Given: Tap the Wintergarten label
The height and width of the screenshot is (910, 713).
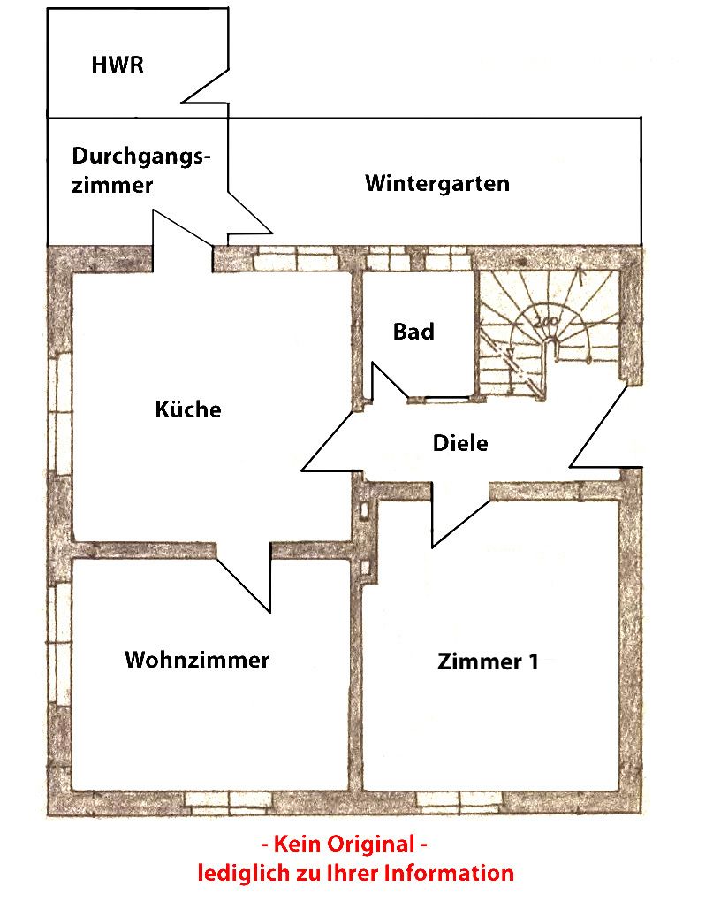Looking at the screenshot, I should click(x=437, y=184).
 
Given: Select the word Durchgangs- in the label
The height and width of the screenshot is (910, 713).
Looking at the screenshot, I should click(x=142, y=157).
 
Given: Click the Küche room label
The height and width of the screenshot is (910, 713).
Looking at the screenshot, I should click(x=188, y=409).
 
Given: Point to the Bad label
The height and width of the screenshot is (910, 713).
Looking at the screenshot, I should click(x=413, y=332).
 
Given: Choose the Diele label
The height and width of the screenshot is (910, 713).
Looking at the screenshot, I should click(x=460, y=443).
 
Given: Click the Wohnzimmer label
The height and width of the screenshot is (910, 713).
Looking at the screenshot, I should click(x=197, y=660).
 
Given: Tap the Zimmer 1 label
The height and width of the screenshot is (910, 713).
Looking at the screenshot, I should click(x=488, y=662).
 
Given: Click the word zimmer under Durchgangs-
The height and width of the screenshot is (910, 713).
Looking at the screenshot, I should click(x=112, y=186).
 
